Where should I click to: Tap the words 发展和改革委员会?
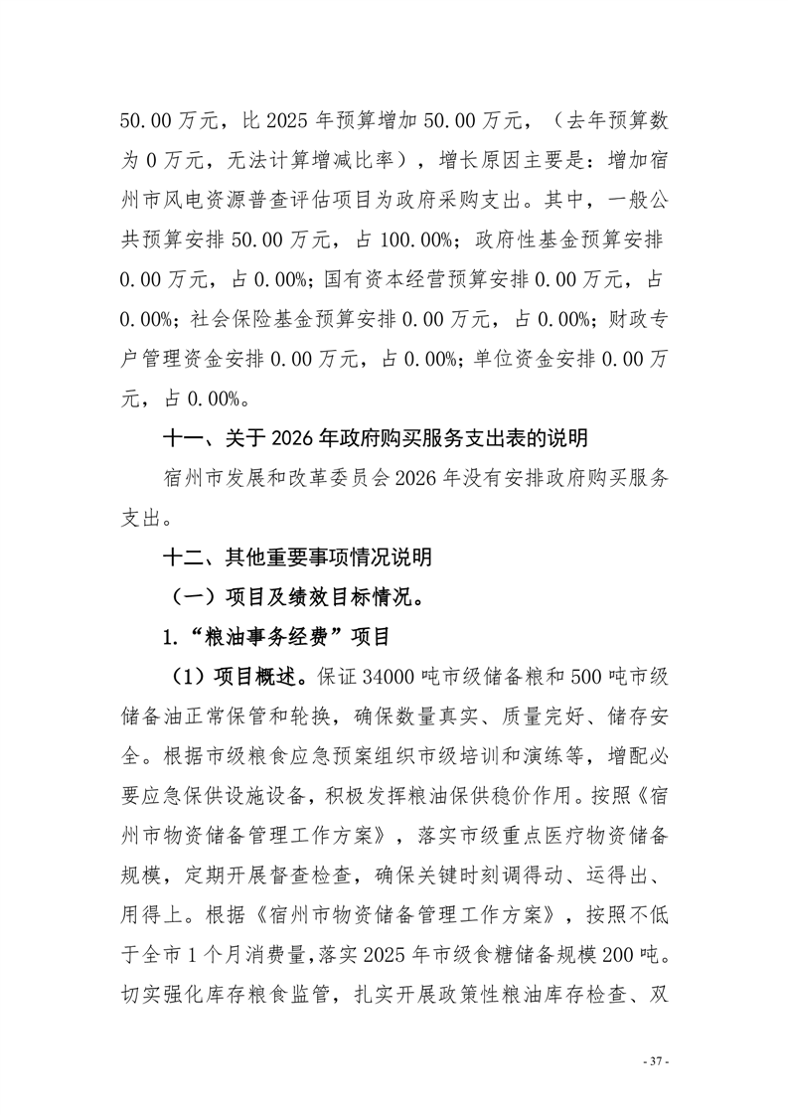click(x=296, y=477)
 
